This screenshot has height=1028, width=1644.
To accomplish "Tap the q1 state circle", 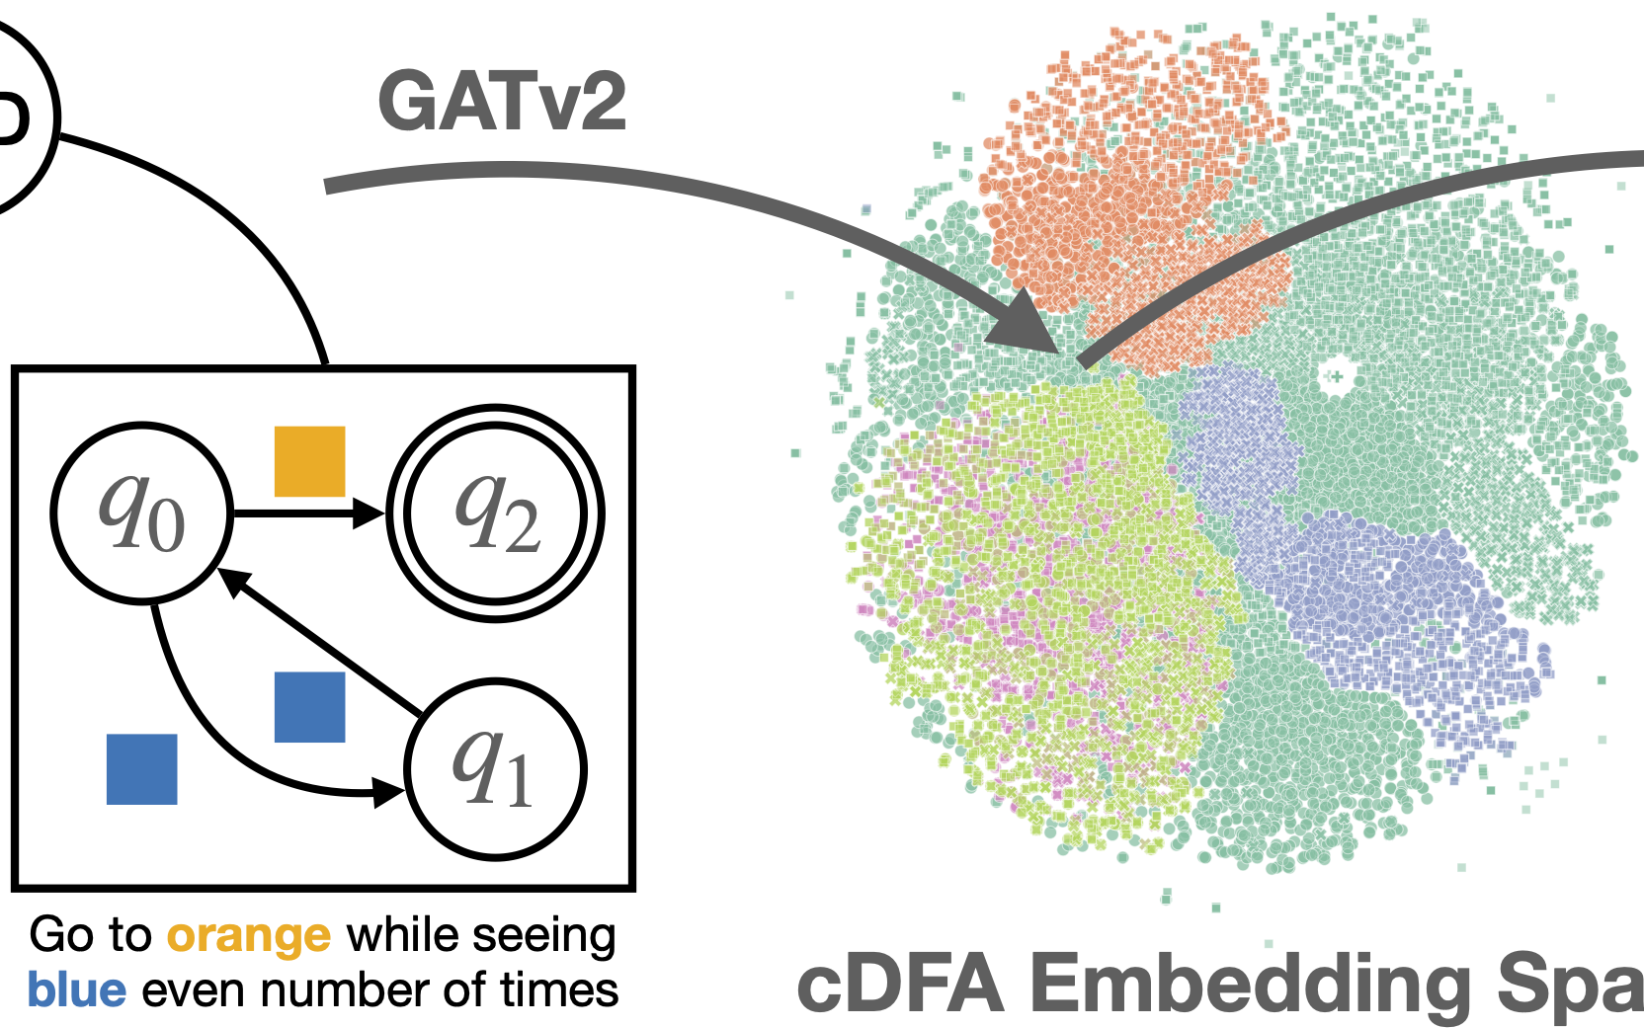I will click(x=495, y=769).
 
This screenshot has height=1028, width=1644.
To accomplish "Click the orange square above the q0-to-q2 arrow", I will click(x=309, y=461).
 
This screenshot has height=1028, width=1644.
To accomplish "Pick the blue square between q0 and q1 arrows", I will click(x=309, y=707).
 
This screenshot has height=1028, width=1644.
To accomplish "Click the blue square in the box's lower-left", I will click(x=141, y=769).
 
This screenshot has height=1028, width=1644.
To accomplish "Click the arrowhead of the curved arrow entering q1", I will click(x=389, y=791).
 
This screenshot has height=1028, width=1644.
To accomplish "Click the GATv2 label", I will click(x=502, y=102).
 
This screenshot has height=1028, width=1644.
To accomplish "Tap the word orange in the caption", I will click(x=248, y=935).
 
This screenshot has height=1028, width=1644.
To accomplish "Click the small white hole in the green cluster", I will click(x=1335, y=375).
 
